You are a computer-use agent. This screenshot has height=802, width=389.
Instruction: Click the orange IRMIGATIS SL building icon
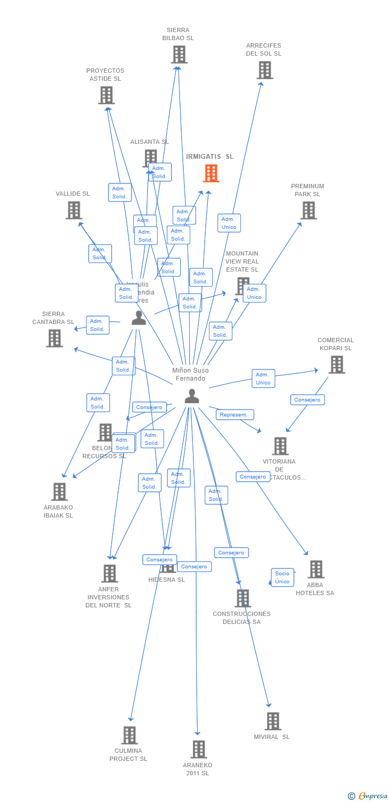click(x=211, y=173)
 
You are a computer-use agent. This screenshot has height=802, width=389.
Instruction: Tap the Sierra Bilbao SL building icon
click(x=179, y=55)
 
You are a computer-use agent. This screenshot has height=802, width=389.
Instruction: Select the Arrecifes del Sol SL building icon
click(x=264, y=70)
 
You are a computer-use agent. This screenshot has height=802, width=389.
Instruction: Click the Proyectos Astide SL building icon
click(x=106, y=95)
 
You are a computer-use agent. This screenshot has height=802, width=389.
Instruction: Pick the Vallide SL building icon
click(x=74, y=210)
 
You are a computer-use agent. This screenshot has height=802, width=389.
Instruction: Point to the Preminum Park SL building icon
click(x=308, y=210)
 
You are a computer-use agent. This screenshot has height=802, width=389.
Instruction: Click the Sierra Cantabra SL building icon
click(x=54, y=338)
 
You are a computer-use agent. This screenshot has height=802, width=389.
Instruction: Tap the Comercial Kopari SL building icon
click(x=337, y=365)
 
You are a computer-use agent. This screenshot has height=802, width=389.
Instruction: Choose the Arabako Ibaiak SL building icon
click(x=59, y=491)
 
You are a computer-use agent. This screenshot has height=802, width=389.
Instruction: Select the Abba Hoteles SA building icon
click(x=316, y=569)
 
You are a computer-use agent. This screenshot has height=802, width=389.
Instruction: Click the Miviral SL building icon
click(x=273, y=721)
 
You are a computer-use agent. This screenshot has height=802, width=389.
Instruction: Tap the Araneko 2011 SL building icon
click(x=199, y=750)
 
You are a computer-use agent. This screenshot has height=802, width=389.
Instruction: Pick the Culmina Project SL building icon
click(x=129, y=735)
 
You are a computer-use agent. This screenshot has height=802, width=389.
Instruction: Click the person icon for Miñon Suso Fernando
click(x=191, y=396)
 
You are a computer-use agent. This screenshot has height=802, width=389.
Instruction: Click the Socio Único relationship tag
click(x=282, y=577)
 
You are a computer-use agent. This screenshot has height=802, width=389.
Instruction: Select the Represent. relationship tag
click(x=235, y=415)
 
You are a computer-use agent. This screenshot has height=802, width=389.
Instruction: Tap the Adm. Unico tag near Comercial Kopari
click(x=263, y=379)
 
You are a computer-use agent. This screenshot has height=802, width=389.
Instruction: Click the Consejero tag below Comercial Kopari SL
click(x=307, y=400)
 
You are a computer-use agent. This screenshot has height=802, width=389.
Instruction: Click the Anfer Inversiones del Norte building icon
click(x=110, y=574)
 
